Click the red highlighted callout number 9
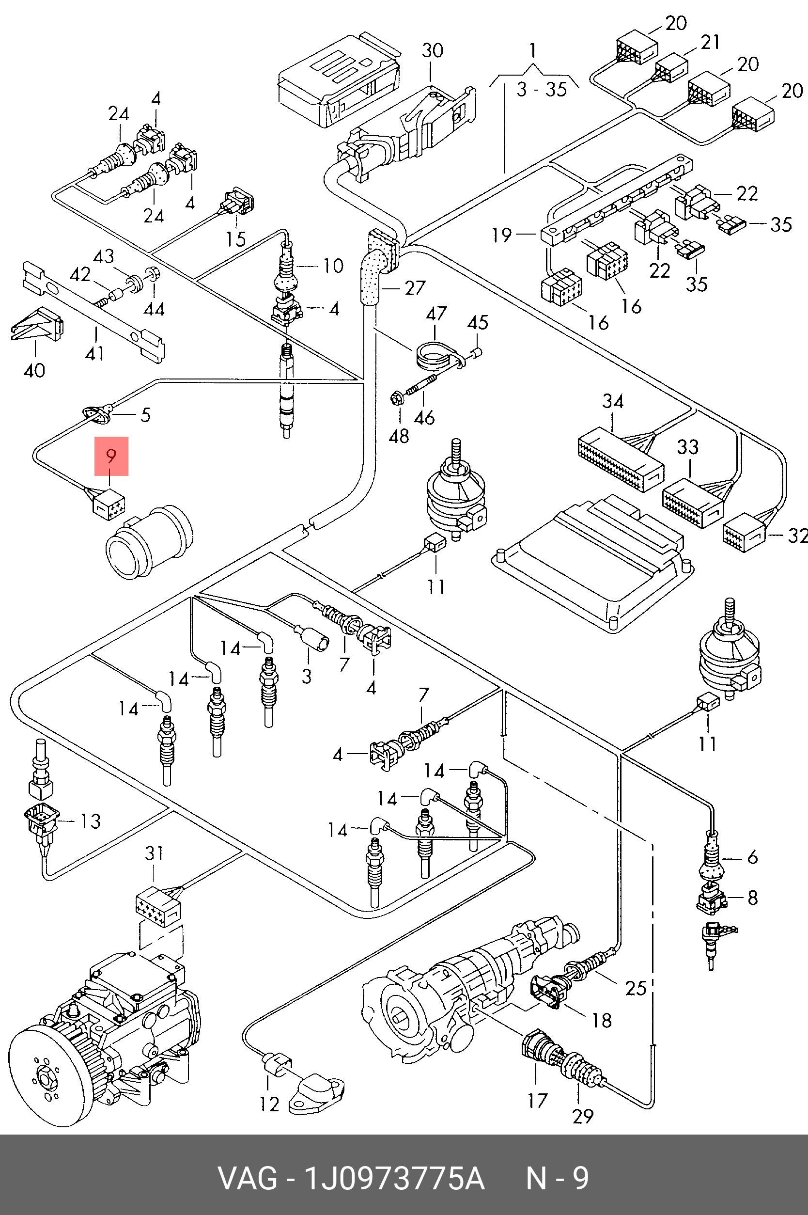(x=111, y=456)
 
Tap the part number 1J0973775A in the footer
(x=395, y=1178)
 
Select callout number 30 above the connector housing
(x=433, y=50)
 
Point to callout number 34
(x=613, y=401)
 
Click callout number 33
(x=687, y=447)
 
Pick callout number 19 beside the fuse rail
(x=501, y=235)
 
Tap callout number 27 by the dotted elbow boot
(x=415, y=288)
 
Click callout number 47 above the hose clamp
(x=436, y=314)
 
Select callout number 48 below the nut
(x=398, y=436)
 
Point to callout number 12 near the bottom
(x=269, y=1104)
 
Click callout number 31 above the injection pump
(x=154, y=853)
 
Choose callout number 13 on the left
(x=91, y=821)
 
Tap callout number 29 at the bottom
(x=583, y=1116)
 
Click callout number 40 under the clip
(x=34, y=370)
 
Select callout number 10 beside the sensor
(x=333, y=266)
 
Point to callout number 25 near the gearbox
(x=636, y=988)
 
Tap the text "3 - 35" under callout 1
(x=542, y=90)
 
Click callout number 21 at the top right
(x=710, y=42)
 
